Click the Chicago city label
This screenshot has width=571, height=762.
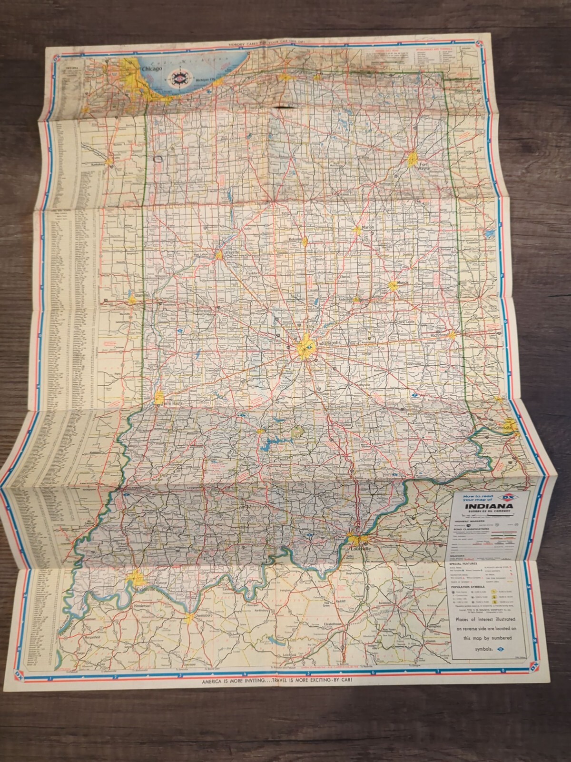coord(152,69)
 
